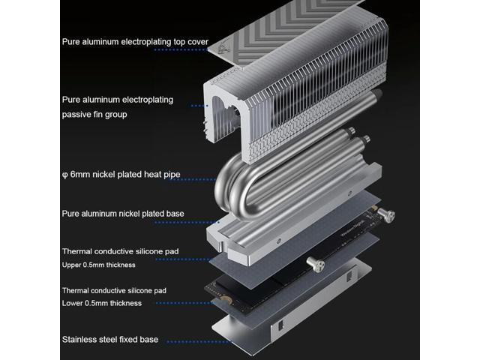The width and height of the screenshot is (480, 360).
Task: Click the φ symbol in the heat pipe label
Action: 65,175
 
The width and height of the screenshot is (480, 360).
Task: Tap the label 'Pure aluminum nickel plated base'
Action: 123,214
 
